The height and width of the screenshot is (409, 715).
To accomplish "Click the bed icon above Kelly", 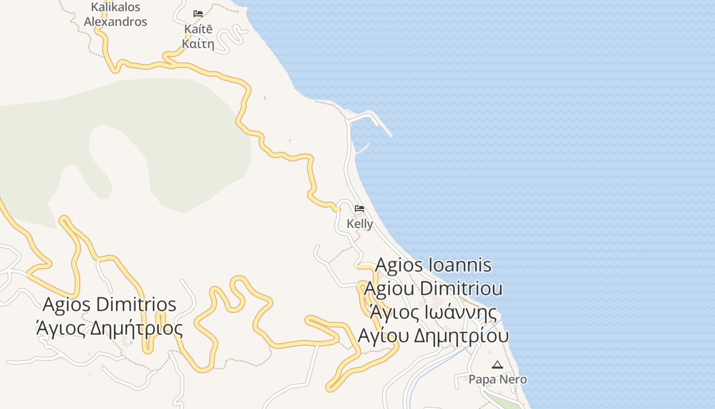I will pyautogui.click(x=360, y=209).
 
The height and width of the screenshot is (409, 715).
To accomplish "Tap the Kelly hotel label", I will pyautogui.click(x=360, y=224).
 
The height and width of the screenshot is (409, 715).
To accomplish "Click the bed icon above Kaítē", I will pyautogui.click(x=198, y=14).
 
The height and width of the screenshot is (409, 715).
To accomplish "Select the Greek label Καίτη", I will pyautogui.click(x=198, y=43).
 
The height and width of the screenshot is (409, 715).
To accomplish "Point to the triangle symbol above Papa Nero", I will pyautogui.click(x=497, y=365).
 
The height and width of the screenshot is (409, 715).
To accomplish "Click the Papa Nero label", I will pyautogui.click(x=498, y=379).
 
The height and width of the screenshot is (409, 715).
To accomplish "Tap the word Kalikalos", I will pyautogui.click(x=115, y=7).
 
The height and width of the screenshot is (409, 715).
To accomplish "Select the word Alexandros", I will pyautogui.click(x=115, y=21).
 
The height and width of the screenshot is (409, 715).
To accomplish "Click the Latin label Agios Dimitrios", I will pyautogui.click(x=109, y=304).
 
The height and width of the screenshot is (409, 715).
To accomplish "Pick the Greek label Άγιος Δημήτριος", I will pyautogui.click(x=109, y=328).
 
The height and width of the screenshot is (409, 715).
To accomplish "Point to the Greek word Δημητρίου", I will pyautogui.click(x=461, y=335).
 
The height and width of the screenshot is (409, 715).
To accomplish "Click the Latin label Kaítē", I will pyautogui.click(x=198, y=29).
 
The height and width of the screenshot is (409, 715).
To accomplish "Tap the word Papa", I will pyautogui.click(x=480, y=379).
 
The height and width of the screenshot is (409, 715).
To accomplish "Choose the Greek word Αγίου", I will pyautogui.click(x=383, y=335).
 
